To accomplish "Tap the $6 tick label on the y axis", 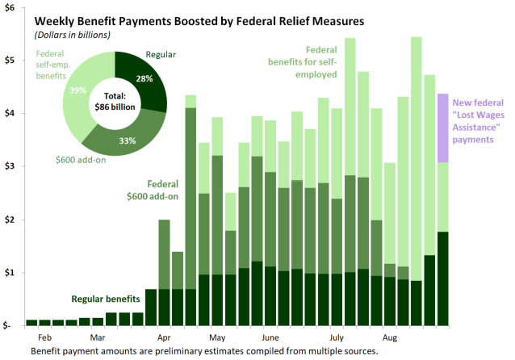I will tap(14, 6).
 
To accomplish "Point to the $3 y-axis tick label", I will tap(14, 166).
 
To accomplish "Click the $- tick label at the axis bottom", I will tap(14, 326).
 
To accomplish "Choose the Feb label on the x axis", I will tap(45, 337).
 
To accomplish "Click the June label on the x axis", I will tap(270, 337).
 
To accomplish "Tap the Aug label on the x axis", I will tap(390, 337).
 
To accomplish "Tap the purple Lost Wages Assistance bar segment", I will tap(443, 128).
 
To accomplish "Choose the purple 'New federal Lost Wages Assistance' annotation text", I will tap(480, 121).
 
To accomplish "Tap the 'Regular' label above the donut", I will tap(161, 55).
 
